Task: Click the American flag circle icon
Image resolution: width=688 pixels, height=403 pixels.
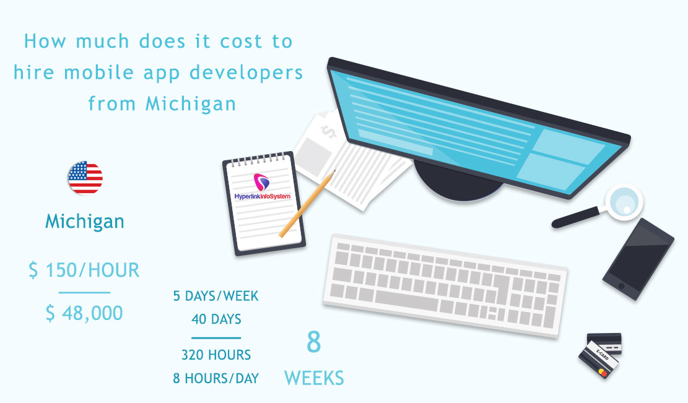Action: click(85, 178)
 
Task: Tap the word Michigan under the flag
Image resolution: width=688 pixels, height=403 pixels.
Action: click(85, 221)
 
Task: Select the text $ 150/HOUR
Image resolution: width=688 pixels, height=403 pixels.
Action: click(84, 270)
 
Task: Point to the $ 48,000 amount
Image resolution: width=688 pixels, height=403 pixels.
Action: click(84, 313)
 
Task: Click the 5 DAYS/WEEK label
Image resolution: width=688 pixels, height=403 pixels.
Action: click(216, 297)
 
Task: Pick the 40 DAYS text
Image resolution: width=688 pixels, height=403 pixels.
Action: click(216, 320)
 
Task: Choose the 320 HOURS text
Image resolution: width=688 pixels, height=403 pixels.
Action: click(216, 355)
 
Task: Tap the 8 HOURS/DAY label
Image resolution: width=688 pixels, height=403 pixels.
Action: click(216, 378)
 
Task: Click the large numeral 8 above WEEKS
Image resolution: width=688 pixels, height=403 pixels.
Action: click(314, 342)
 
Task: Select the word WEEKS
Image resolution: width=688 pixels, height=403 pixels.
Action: click(314, 378)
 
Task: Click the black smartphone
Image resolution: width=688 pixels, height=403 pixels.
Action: click(638, 259)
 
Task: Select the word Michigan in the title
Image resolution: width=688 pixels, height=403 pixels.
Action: click(191, 103)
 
